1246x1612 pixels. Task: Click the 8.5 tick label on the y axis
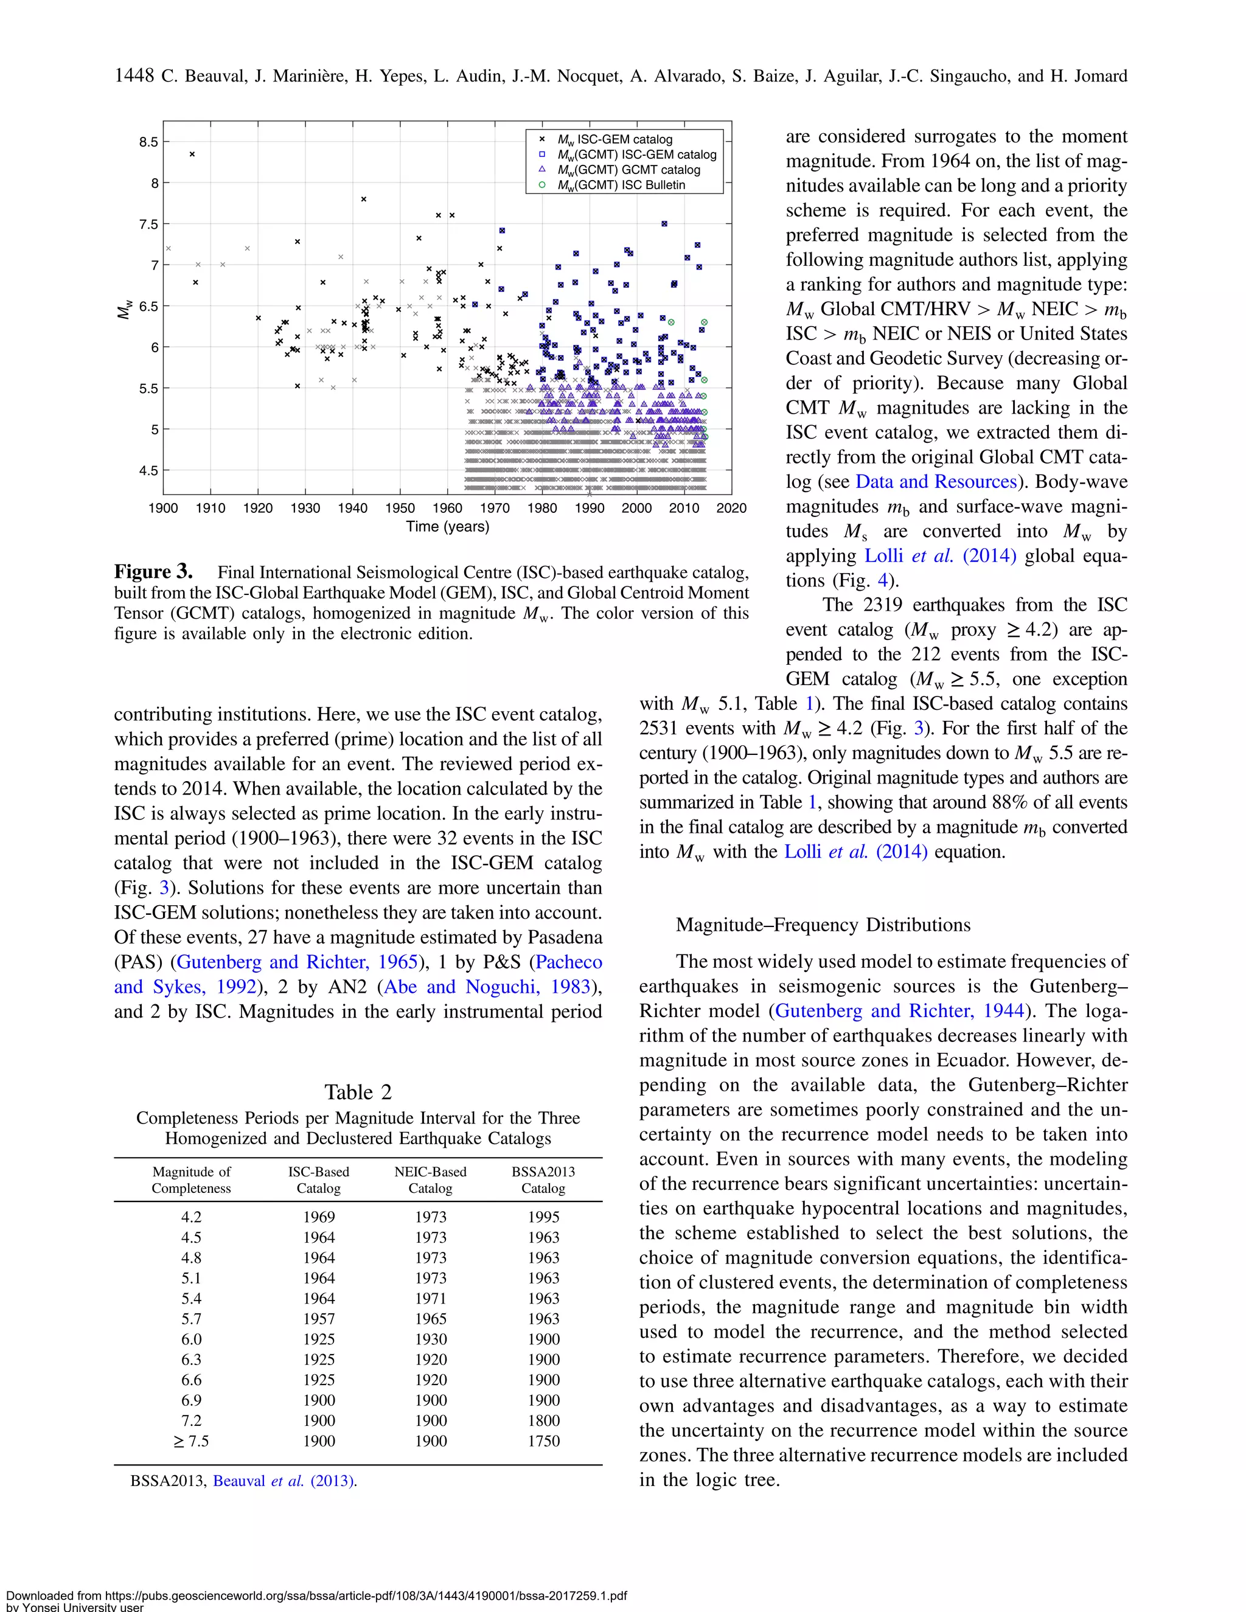coord(148,142)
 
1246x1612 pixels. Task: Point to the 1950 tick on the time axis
coord(400,508)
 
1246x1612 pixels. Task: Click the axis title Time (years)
coord(447,526)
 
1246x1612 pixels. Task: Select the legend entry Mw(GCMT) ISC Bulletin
coord(621,184)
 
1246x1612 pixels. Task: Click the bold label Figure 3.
coord(153,572)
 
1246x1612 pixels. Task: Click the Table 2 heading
coord(358,1092)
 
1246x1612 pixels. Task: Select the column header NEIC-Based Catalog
coord(430,1179)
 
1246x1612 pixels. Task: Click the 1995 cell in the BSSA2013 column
coord(543,1217)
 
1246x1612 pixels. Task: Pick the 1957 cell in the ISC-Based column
coord(319,1318)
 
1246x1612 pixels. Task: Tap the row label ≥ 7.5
coord(191,1440)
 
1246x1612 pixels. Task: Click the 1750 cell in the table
coord(543,1440)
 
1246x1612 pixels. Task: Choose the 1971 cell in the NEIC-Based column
coord(430,1298)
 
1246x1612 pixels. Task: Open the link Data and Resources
coord(935,481)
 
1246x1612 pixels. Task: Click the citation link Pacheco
coord(568,962)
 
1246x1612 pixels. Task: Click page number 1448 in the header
coord(134,75)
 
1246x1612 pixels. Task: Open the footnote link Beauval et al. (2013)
coord(284,1481)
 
